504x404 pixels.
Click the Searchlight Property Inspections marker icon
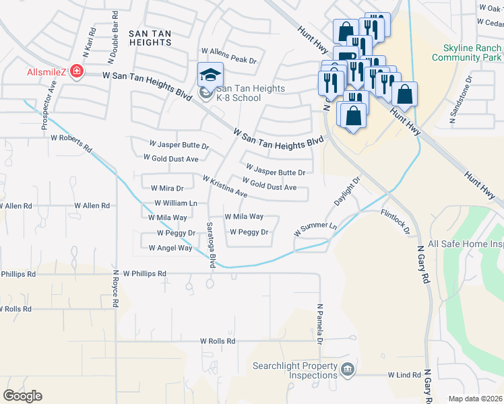pyautogui.click(x=347, y=370)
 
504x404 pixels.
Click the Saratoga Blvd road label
pyautogui.click(x=211, y=244)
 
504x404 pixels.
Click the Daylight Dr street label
pyautogui.click(x=348, y=193)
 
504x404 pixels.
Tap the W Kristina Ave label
pyautogui.click(x=225, y=187)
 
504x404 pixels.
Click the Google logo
pyautogui.click(x=22, y=395)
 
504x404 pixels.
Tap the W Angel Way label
pyautogui.click(x=170, y=248)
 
